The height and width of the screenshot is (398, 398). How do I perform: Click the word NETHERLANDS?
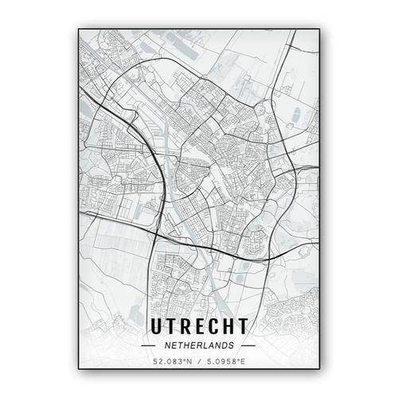tap(199, 346)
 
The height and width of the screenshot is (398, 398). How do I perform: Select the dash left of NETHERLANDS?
tap(149, 346)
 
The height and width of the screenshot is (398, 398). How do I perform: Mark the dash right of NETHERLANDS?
tap(248, 346)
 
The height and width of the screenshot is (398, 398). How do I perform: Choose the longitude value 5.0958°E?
tap(224, 363)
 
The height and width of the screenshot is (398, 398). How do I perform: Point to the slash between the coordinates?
tap(199, 363)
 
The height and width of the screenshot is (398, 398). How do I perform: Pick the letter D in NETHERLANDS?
tap(227, 346)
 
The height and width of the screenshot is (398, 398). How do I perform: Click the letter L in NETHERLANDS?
tap(205, 346)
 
